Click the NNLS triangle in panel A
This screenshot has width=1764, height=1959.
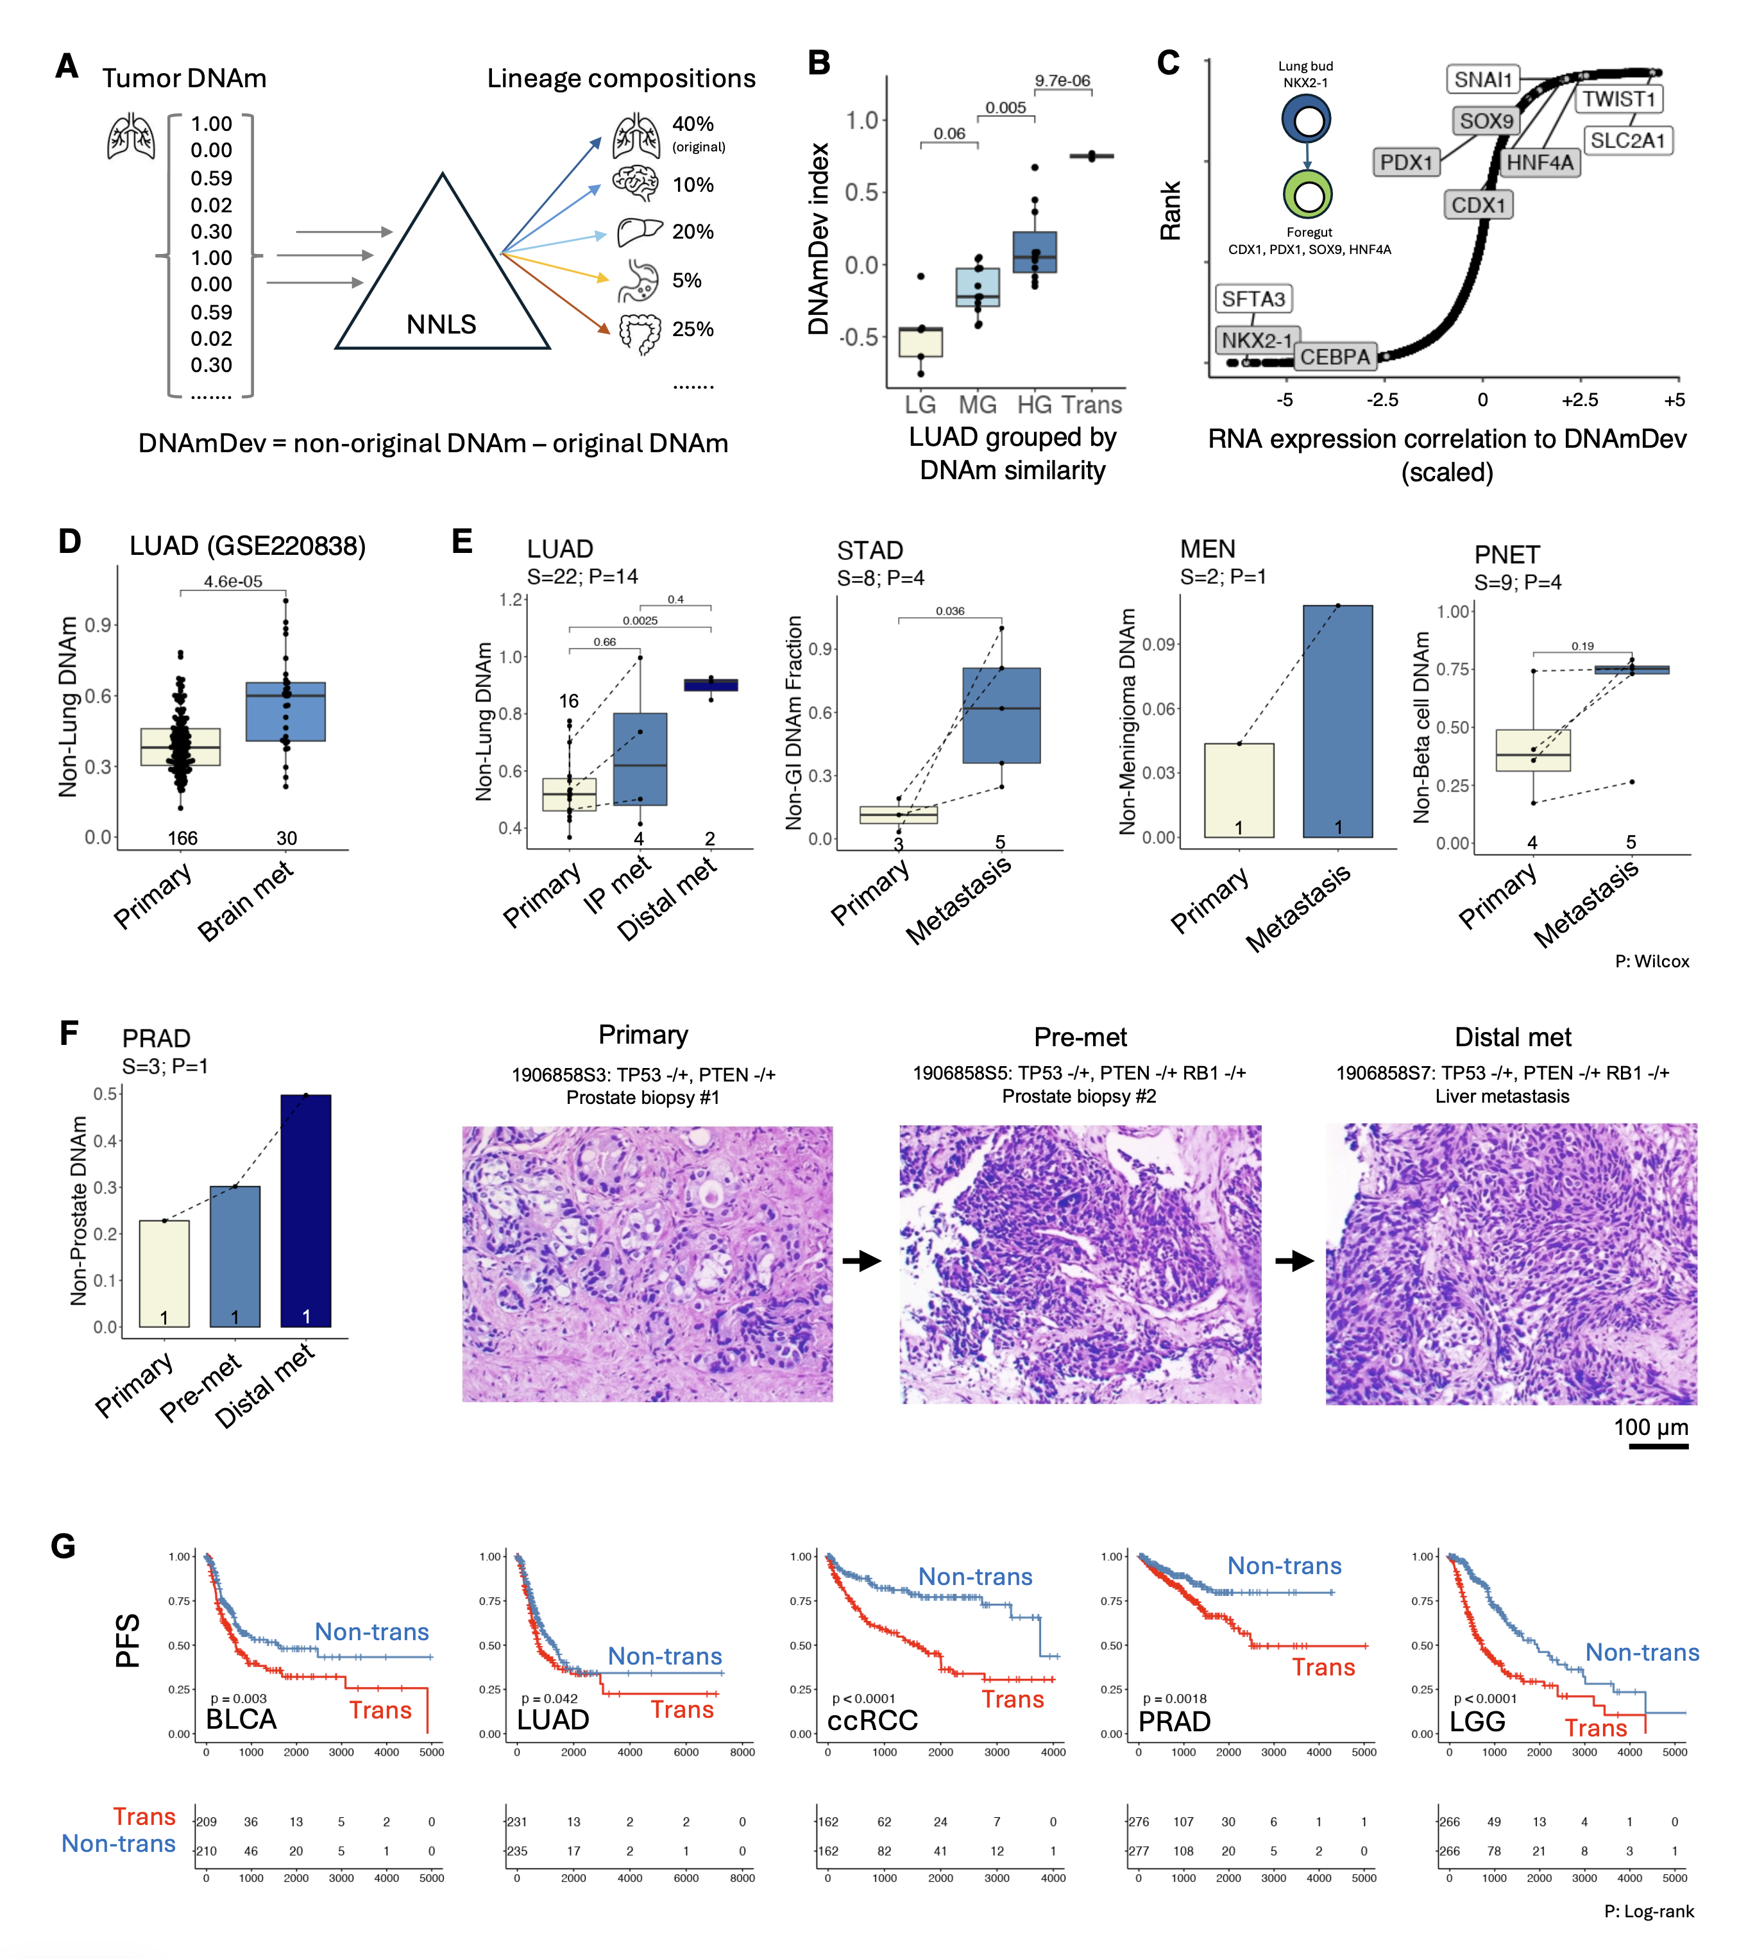click(x=442, y=281)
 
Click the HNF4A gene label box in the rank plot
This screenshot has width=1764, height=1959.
click(x=1539, y=163)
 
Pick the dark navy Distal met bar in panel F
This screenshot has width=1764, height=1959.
click(x=305, y=1212)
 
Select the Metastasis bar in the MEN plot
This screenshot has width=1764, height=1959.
click(x=1337, y=722)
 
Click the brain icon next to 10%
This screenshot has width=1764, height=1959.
click(x=636, y=182)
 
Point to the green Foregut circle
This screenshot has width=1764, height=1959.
click(x=1307, y=196)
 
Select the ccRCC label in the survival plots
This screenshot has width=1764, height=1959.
click(x=872, y=1720)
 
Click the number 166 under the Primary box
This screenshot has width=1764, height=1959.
click(x=182, y=838)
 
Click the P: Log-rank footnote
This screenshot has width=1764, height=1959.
click(x=1649, y=1912)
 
